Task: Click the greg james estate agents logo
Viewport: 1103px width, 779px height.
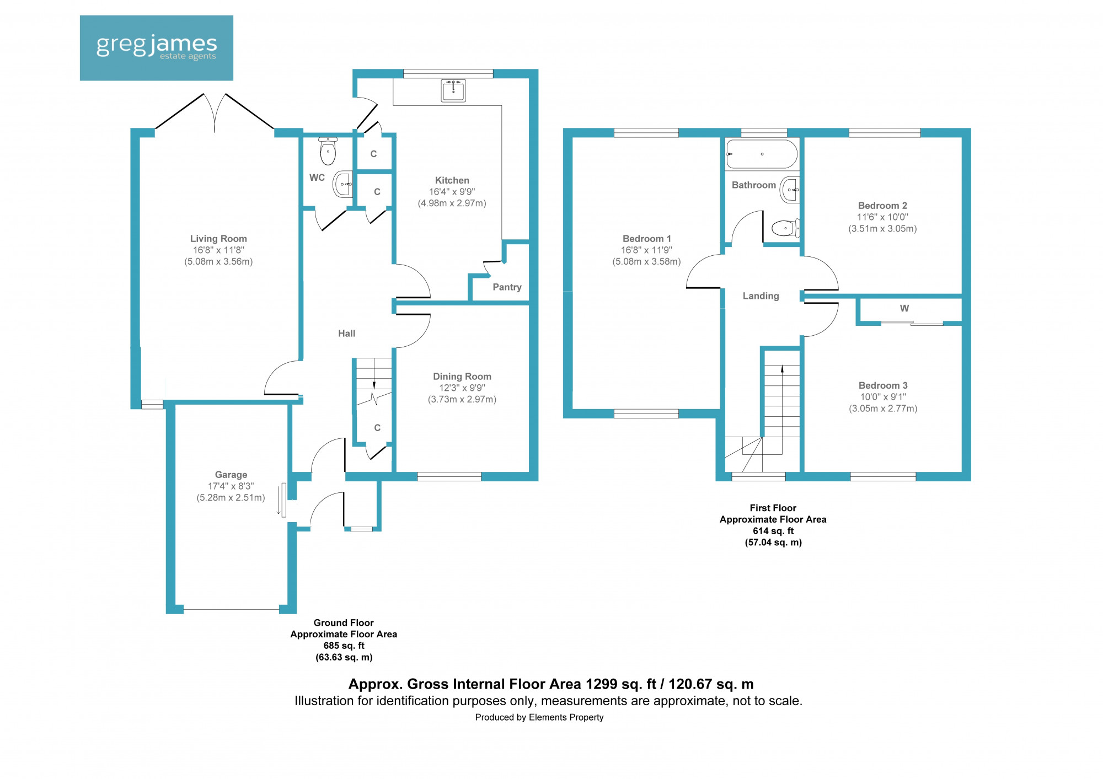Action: click(x=156, y=48)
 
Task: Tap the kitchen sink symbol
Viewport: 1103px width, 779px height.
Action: click(x=453, y=90)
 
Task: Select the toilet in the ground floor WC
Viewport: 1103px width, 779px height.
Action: click(x=328, y=153)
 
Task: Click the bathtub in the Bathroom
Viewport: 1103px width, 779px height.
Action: click(x=762, y=154)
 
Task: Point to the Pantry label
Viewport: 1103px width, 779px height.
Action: click(x=507, y=287)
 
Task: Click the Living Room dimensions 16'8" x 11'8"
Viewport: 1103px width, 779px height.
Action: click(x=218, y=250)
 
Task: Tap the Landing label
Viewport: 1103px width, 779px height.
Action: click(x=761, y=296)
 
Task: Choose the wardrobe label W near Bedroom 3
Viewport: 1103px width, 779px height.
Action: click(x=904, y=309)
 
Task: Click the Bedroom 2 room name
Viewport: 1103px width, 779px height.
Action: click(x=882, y=206)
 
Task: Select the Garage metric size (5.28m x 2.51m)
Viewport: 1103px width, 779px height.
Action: click(x=231, y=498)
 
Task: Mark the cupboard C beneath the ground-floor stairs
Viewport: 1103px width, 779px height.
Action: click(x=377, y=428)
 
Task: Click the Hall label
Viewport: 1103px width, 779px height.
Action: click(x=346, y=334)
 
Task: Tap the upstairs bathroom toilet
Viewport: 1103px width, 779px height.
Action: click(x=784, y=228)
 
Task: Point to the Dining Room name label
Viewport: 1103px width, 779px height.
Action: click(x=462, y=377)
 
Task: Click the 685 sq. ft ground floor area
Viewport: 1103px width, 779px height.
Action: click(x=344, y=646)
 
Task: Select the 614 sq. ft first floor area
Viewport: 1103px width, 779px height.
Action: click(x=773, y=531)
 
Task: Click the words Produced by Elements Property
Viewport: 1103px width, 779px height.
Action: click(x=539, y=717)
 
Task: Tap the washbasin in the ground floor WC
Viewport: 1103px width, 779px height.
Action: click(x=343, y=184)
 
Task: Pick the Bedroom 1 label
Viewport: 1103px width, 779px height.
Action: click(x=646, y=239)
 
